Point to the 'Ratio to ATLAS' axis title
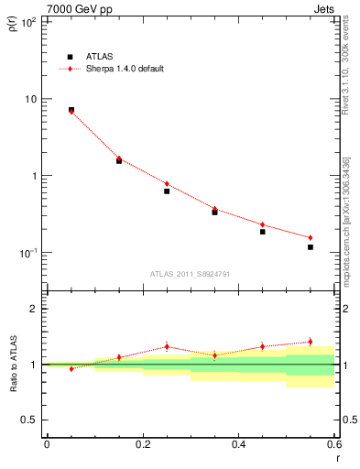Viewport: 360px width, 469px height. (13, 365)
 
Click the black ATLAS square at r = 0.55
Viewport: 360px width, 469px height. (311, 247)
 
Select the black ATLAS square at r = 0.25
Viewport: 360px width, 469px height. (167, 191)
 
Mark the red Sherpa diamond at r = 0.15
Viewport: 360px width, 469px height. (119, 158)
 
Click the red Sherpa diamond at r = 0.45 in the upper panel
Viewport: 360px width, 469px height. (262, 224)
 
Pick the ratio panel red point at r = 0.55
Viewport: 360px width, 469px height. (311, 342)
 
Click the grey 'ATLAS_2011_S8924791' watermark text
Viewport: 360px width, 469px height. (189, 273)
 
